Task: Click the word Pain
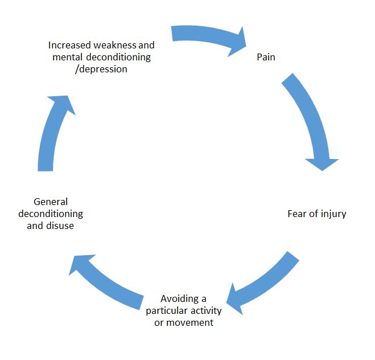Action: [266, 58]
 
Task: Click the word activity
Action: [206, 310]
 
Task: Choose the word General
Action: [51, 202]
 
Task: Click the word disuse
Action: [61, 226]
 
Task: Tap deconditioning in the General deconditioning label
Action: [51, 214]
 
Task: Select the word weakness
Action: [116, 44]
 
